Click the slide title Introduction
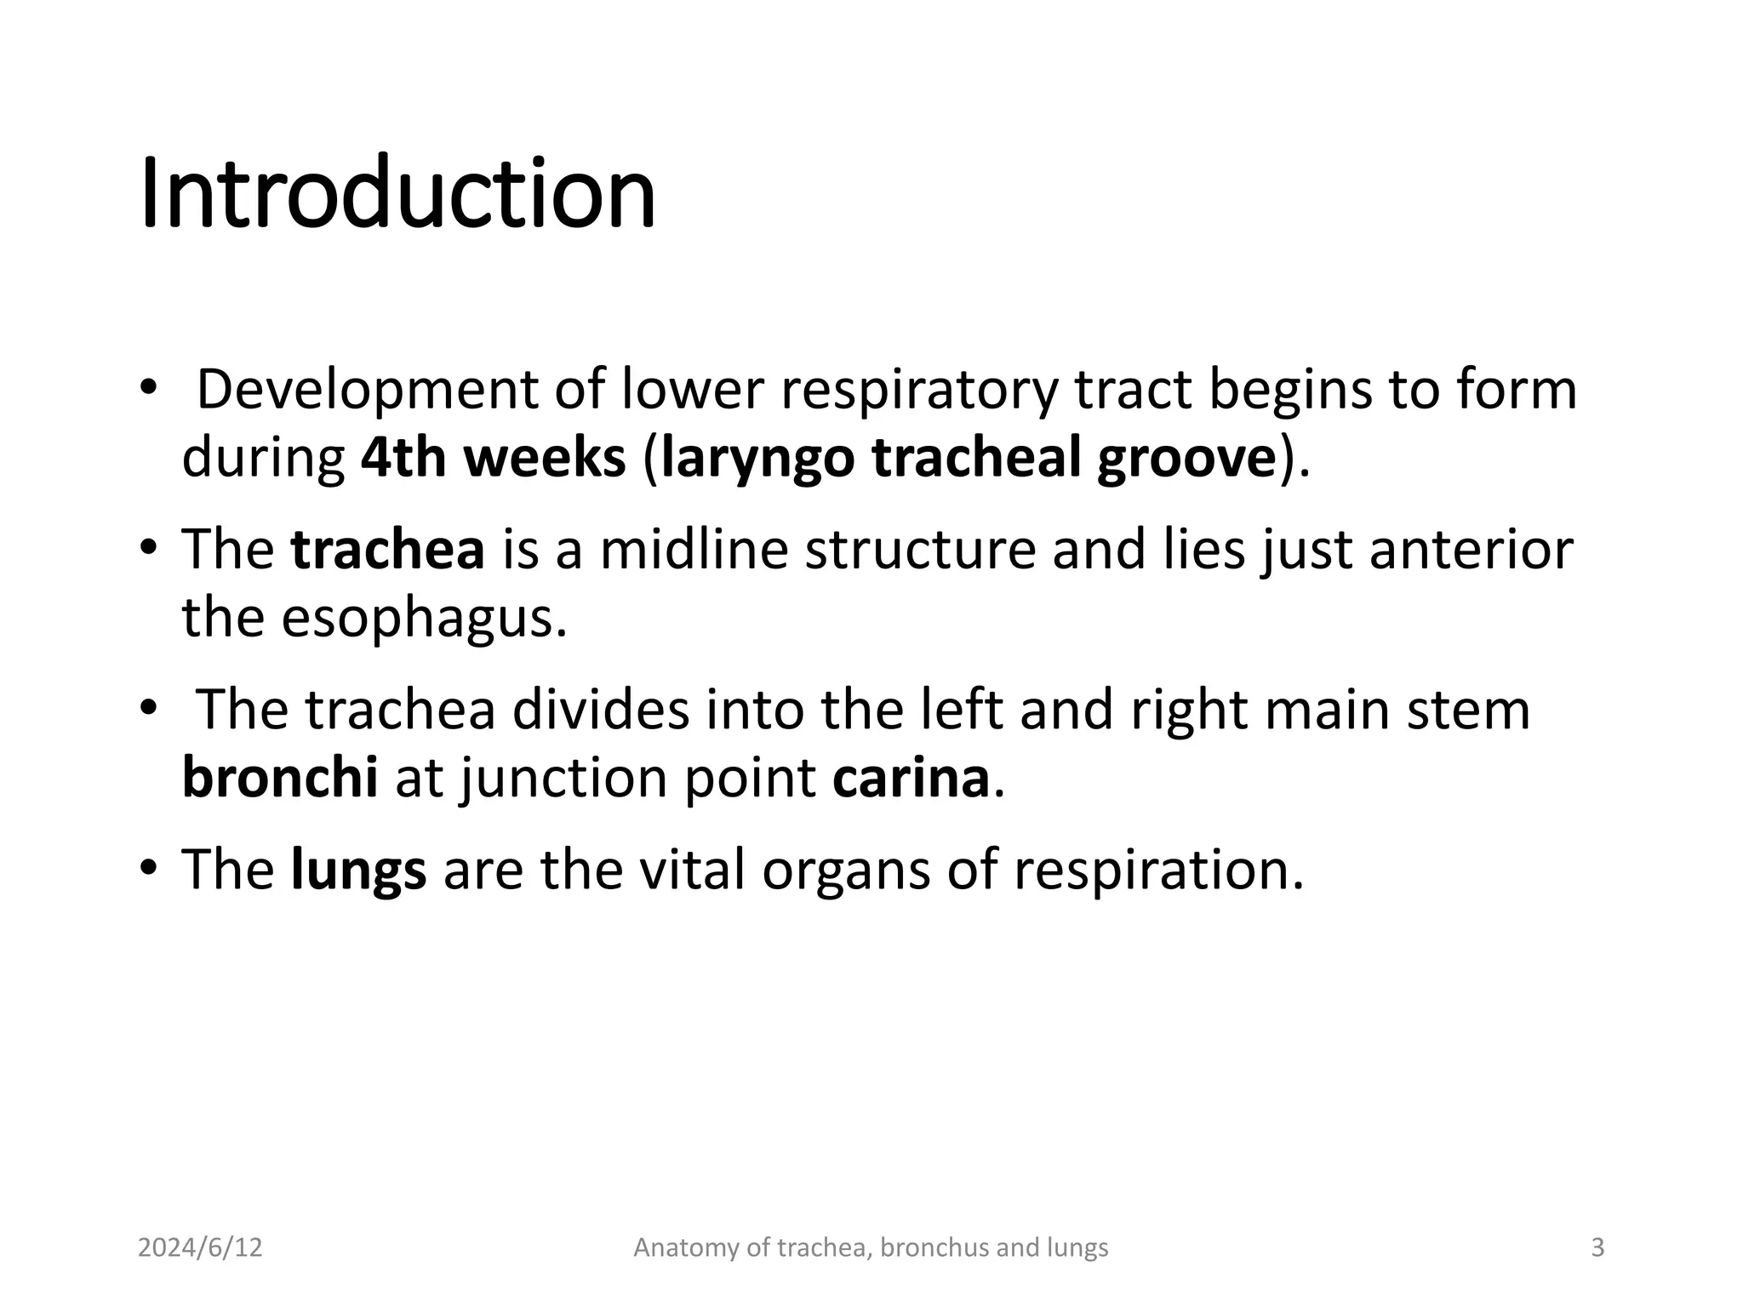coord(397,194)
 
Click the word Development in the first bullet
coord(367,391)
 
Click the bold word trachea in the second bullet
coord(387,550)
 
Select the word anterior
coord(1471,550)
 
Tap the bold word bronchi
coord(280,778)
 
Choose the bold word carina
coord(911,778)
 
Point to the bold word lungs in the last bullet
coord(358,871)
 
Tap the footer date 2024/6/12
coord(200,1247)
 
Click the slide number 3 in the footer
coord(1597,1247)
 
